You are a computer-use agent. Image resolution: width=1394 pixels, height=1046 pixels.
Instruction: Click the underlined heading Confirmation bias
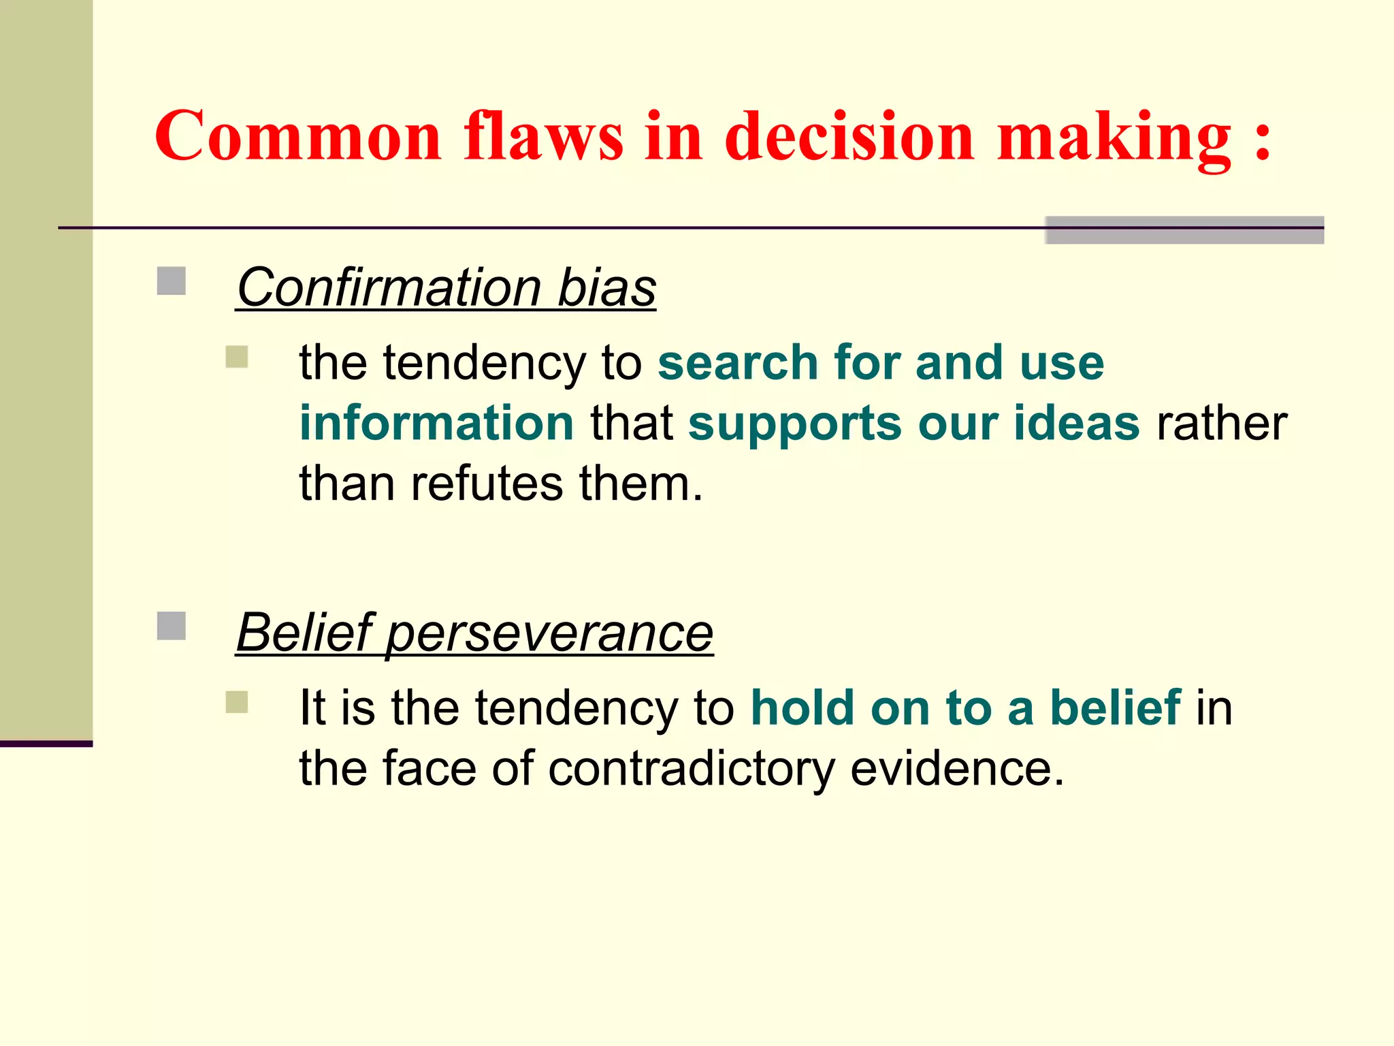(x=446, y=288)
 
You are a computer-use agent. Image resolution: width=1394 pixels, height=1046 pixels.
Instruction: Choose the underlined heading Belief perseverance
(x=474, y=633)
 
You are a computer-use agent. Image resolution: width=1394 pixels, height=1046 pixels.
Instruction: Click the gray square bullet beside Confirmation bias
(x=172, y=281)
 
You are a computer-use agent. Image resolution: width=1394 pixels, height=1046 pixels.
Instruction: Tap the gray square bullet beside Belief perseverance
(x=172, y=626)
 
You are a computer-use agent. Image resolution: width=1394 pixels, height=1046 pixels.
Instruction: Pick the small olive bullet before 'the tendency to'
(x=237, y=357)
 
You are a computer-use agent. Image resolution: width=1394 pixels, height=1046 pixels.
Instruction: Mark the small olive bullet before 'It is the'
(x=237, y=702)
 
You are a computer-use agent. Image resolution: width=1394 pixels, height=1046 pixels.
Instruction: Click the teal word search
(x=737, y=362)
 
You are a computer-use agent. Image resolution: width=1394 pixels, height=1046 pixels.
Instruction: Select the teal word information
(x=437, y=423)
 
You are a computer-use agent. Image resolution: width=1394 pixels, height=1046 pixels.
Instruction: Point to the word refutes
(x=487, y=484)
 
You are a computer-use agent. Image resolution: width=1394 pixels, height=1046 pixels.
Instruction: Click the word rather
(x=1222, y=423)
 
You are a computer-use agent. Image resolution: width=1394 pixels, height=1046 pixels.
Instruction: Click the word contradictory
(x=691, y=769)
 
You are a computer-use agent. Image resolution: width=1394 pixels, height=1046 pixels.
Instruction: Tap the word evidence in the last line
(x=956, y=768)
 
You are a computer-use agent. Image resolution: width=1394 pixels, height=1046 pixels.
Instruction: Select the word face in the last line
(x=429, y=768)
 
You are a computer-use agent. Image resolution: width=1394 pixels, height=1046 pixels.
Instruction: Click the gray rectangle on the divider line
(x=1184, y=230)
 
